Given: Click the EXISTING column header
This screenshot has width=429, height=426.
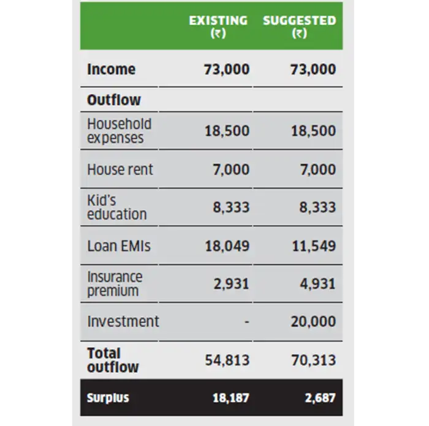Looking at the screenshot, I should tap(219, 26).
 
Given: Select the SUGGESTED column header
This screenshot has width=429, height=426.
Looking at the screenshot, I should tap(300, 26).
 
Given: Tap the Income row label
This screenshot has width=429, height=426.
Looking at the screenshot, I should tap(111, 69).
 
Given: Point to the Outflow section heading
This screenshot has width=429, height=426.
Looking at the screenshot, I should tap(114, 100).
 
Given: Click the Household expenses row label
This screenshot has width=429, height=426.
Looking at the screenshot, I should tap(119, 130).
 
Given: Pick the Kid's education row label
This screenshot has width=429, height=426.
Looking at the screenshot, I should tap(116, 207).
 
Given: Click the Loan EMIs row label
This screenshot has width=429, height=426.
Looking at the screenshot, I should tap(119, 246).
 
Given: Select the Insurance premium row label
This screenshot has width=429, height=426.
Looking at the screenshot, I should tap(115, 283).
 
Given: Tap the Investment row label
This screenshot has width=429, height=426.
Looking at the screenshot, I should tap(123, 321).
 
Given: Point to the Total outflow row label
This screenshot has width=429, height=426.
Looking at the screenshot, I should tap(113, 360).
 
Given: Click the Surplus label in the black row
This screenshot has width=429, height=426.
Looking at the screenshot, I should tap(108, 398).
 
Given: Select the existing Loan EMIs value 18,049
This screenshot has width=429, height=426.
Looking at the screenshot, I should tap(227, 246).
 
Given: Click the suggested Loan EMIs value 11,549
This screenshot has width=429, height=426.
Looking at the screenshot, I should tap(313, 246).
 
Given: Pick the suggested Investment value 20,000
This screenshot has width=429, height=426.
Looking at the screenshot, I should tap(313, 321).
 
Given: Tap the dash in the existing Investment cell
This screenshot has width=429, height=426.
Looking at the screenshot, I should tap(246, 322).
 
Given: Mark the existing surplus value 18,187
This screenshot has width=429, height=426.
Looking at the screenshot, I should tap(230, 398).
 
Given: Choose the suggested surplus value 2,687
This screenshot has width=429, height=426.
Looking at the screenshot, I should tap(320, 398).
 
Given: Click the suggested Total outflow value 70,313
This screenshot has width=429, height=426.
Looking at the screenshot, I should tap(313, 360).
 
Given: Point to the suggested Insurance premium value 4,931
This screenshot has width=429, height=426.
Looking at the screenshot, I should tap(317, 284).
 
